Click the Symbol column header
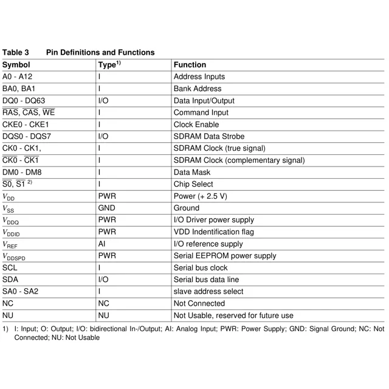click(x=16, y=65)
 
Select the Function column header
click(x=190, y=65)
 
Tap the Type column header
click(x=109, y=64)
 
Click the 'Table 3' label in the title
click(x=15, y=53)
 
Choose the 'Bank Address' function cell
click(x=198, y=89)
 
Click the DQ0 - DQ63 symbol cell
click(x=24, y=101)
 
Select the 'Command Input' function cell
click(x=201, y=112)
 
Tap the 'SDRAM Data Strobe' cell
click(x=210, y=137)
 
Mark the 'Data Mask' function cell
click(x=192, y=172)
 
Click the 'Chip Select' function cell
click(x=193, y=184)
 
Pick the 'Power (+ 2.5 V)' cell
click(x=201, y=196)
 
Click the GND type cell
click(x=106, y=208)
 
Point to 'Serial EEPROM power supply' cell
click(x=225, y=256)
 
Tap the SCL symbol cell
click(x=10, y=267)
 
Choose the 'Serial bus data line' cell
click(x=207, y=280)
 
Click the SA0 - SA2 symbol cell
click(x=21, y=292)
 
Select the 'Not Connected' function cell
click(x=199, y=303)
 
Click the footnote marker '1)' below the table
click(x=5, y=329)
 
